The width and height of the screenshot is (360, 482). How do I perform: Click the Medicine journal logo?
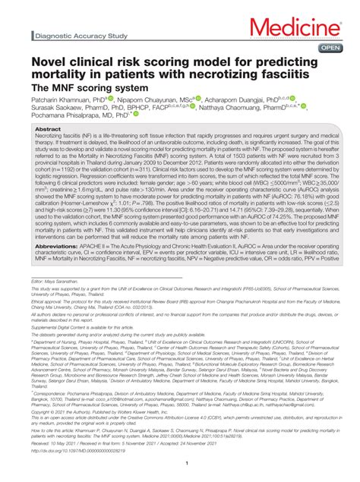pyautogui.click(x=304, y=28)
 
